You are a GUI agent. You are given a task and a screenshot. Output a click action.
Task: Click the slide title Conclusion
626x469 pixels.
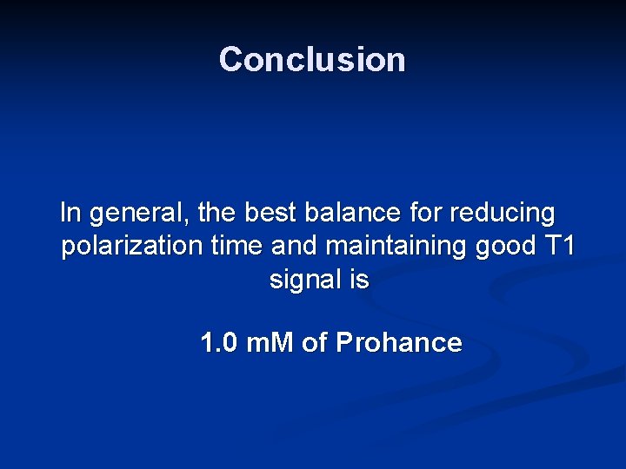coord(312,59)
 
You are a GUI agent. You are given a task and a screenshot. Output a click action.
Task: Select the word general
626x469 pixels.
coord(139,213)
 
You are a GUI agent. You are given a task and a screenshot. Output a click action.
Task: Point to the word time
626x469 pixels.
coord(237,246)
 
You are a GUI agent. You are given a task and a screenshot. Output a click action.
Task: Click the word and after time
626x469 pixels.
coord(296,246)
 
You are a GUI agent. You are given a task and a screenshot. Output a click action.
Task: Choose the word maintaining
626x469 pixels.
coord(397,247)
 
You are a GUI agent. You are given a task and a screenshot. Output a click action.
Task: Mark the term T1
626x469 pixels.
coord(557,246)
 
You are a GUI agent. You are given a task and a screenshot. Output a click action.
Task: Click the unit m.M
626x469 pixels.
coord(270,343)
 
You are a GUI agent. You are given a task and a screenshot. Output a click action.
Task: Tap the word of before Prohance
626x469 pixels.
coord(314,343)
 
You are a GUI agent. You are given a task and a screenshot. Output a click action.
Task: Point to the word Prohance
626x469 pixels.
coord(398,343)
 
